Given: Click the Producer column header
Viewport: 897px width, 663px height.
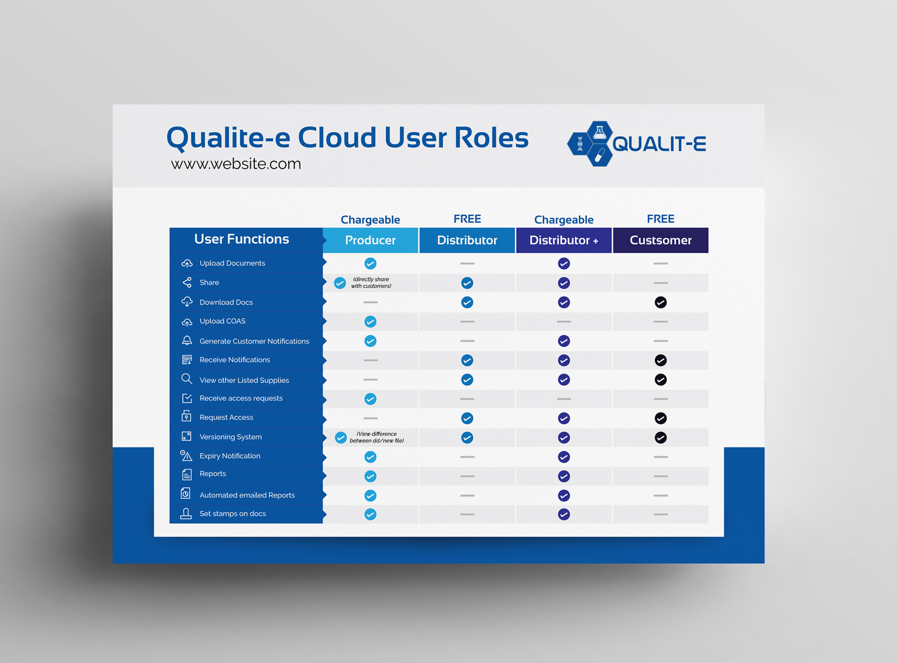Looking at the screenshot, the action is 370,240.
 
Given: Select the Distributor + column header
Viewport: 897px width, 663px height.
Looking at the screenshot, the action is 564,240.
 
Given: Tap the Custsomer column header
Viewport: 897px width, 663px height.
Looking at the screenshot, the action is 661,240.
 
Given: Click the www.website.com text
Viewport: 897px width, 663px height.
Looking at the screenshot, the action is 236,164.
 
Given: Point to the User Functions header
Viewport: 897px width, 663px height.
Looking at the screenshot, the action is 242,239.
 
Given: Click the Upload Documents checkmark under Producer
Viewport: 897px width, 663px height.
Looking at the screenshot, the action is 370,263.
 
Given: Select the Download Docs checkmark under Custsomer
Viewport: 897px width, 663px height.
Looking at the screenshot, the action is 661,302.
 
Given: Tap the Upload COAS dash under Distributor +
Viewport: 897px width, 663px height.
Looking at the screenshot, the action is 564,322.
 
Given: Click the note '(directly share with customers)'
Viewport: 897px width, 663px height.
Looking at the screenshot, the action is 371,283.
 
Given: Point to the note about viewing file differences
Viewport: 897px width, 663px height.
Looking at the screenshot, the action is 377,437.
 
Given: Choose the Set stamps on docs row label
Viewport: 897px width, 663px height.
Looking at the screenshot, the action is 233,514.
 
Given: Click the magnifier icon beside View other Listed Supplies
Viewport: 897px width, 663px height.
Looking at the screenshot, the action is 187,379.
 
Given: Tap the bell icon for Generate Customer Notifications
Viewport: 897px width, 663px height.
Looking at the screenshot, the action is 187,340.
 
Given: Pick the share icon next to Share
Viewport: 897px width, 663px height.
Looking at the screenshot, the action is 187,282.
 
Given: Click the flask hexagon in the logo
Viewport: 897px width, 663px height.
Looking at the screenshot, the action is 600,132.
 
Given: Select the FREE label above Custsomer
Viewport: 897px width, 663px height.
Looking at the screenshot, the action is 661,219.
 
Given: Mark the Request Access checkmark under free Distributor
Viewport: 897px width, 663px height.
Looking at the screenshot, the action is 467,418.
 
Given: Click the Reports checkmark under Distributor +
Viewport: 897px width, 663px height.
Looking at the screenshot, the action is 564,476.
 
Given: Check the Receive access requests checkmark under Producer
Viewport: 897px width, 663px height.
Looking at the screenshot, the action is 370,399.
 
